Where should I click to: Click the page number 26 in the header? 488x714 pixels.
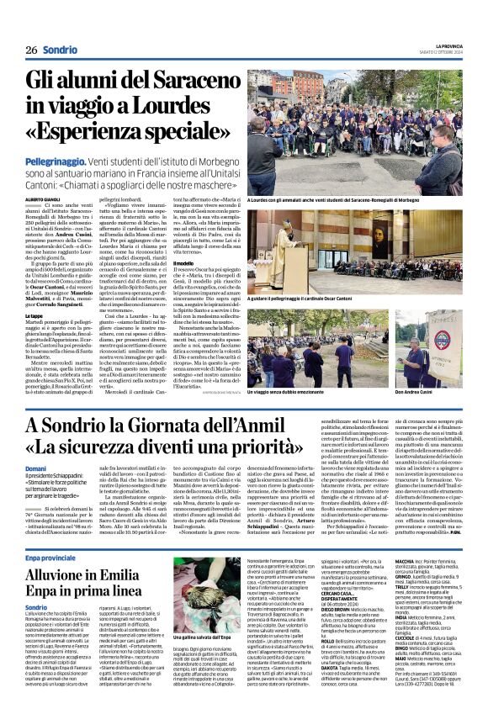point(29,50)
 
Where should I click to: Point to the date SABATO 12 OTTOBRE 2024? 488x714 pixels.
point(442,53)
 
